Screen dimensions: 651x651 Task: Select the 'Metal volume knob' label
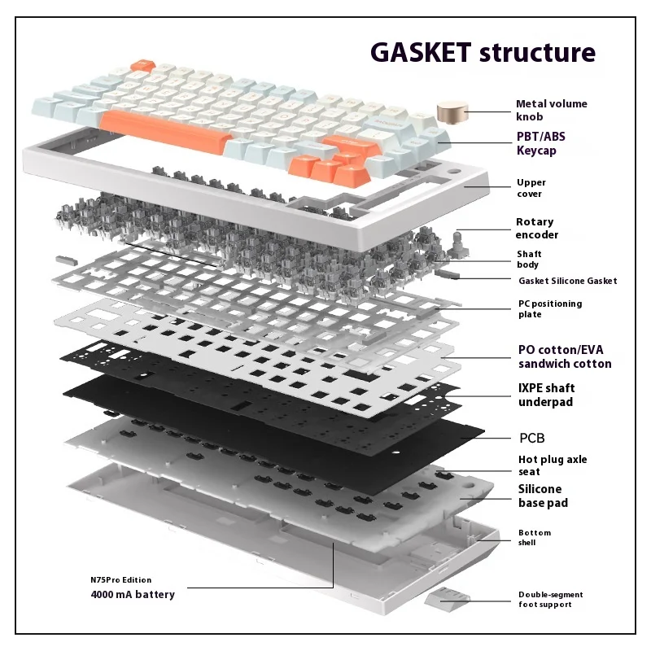coord(551,110)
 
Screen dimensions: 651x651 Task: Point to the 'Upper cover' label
coord(531,188)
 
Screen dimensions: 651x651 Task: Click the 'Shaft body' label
coord(528,259)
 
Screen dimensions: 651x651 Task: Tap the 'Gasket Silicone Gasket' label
coord(567,281)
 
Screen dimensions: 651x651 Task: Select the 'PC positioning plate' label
coord(550,308)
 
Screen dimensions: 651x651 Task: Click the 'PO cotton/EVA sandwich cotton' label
coord(565,356)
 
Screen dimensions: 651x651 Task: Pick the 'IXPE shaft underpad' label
coord(557,395)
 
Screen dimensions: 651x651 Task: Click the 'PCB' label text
coord(532,438)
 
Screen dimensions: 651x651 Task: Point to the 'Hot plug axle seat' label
coord(553,465)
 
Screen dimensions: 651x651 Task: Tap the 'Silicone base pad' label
coord(543,496)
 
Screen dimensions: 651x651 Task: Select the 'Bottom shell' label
coord(535,537)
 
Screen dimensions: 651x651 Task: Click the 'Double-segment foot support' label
coord(550,599)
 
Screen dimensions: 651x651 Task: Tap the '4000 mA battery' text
coord(132,594)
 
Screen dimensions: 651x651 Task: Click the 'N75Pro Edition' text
coord(120,580)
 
